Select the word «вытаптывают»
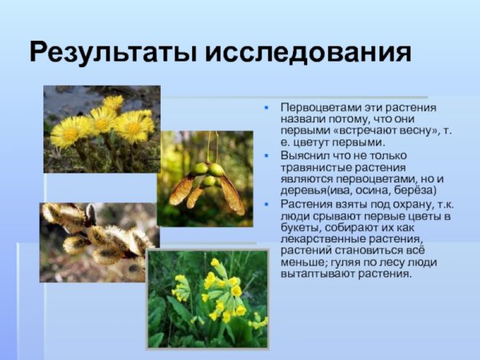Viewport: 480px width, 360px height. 314,274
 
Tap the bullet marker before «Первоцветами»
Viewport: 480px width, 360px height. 266,108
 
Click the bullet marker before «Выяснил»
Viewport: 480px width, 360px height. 266,156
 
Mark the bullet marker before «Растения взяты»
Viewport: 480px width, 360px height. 266,204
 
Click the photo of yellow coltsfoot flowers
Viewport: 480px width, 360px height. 102,129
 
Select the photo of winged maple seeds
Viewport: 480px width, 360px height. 206,178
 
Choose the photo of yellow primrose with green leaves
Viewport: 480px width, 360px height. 207,298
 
